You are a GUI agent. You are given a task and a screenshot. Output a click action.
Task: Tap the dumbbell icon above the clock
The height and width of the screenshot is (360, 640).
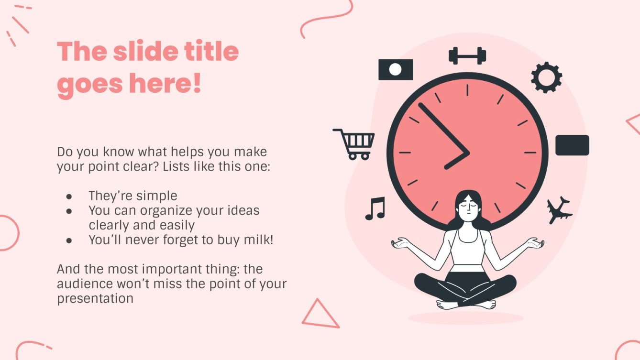[x=467, y=56]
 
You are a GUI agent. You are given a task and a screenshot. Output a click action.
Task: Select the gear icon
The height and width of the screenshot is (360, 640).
[x=546, y=77]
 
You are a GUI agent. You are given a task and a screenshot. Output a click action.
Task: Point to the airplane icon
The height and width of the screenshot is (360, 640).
[x=559, y=210]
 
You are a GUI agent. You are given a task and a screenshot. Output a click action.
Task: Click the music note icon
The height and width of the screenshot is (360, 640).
[x=375, y=208]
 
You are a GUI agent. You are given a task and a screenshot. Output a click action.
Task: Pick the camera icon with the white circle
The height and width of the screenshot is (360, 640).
[x=396, y=70]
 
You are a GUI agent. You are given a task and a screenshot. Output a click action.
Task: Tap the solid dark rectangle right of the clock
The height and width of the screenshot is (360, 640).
[x=572, y=145]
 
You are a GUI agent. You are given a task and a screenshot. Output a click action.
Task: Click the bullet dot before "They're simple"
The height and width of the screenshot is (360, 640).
[x=69, y=196]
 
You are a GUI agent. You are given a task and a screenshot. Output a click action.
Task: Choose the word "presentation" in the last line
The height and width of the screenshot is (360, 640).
[x=95, y=299]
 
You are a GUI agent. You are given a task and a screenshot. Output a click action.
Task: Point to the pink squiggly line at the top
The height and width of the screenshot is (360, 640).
[x=325, y=17]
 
